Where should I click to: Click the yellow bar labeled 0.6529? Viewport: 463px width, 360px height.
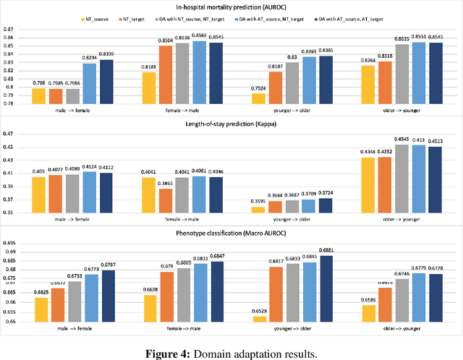pos(258,319)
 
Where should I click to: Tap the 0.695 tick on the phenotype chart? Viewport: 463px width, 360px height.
pos(9,244)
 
